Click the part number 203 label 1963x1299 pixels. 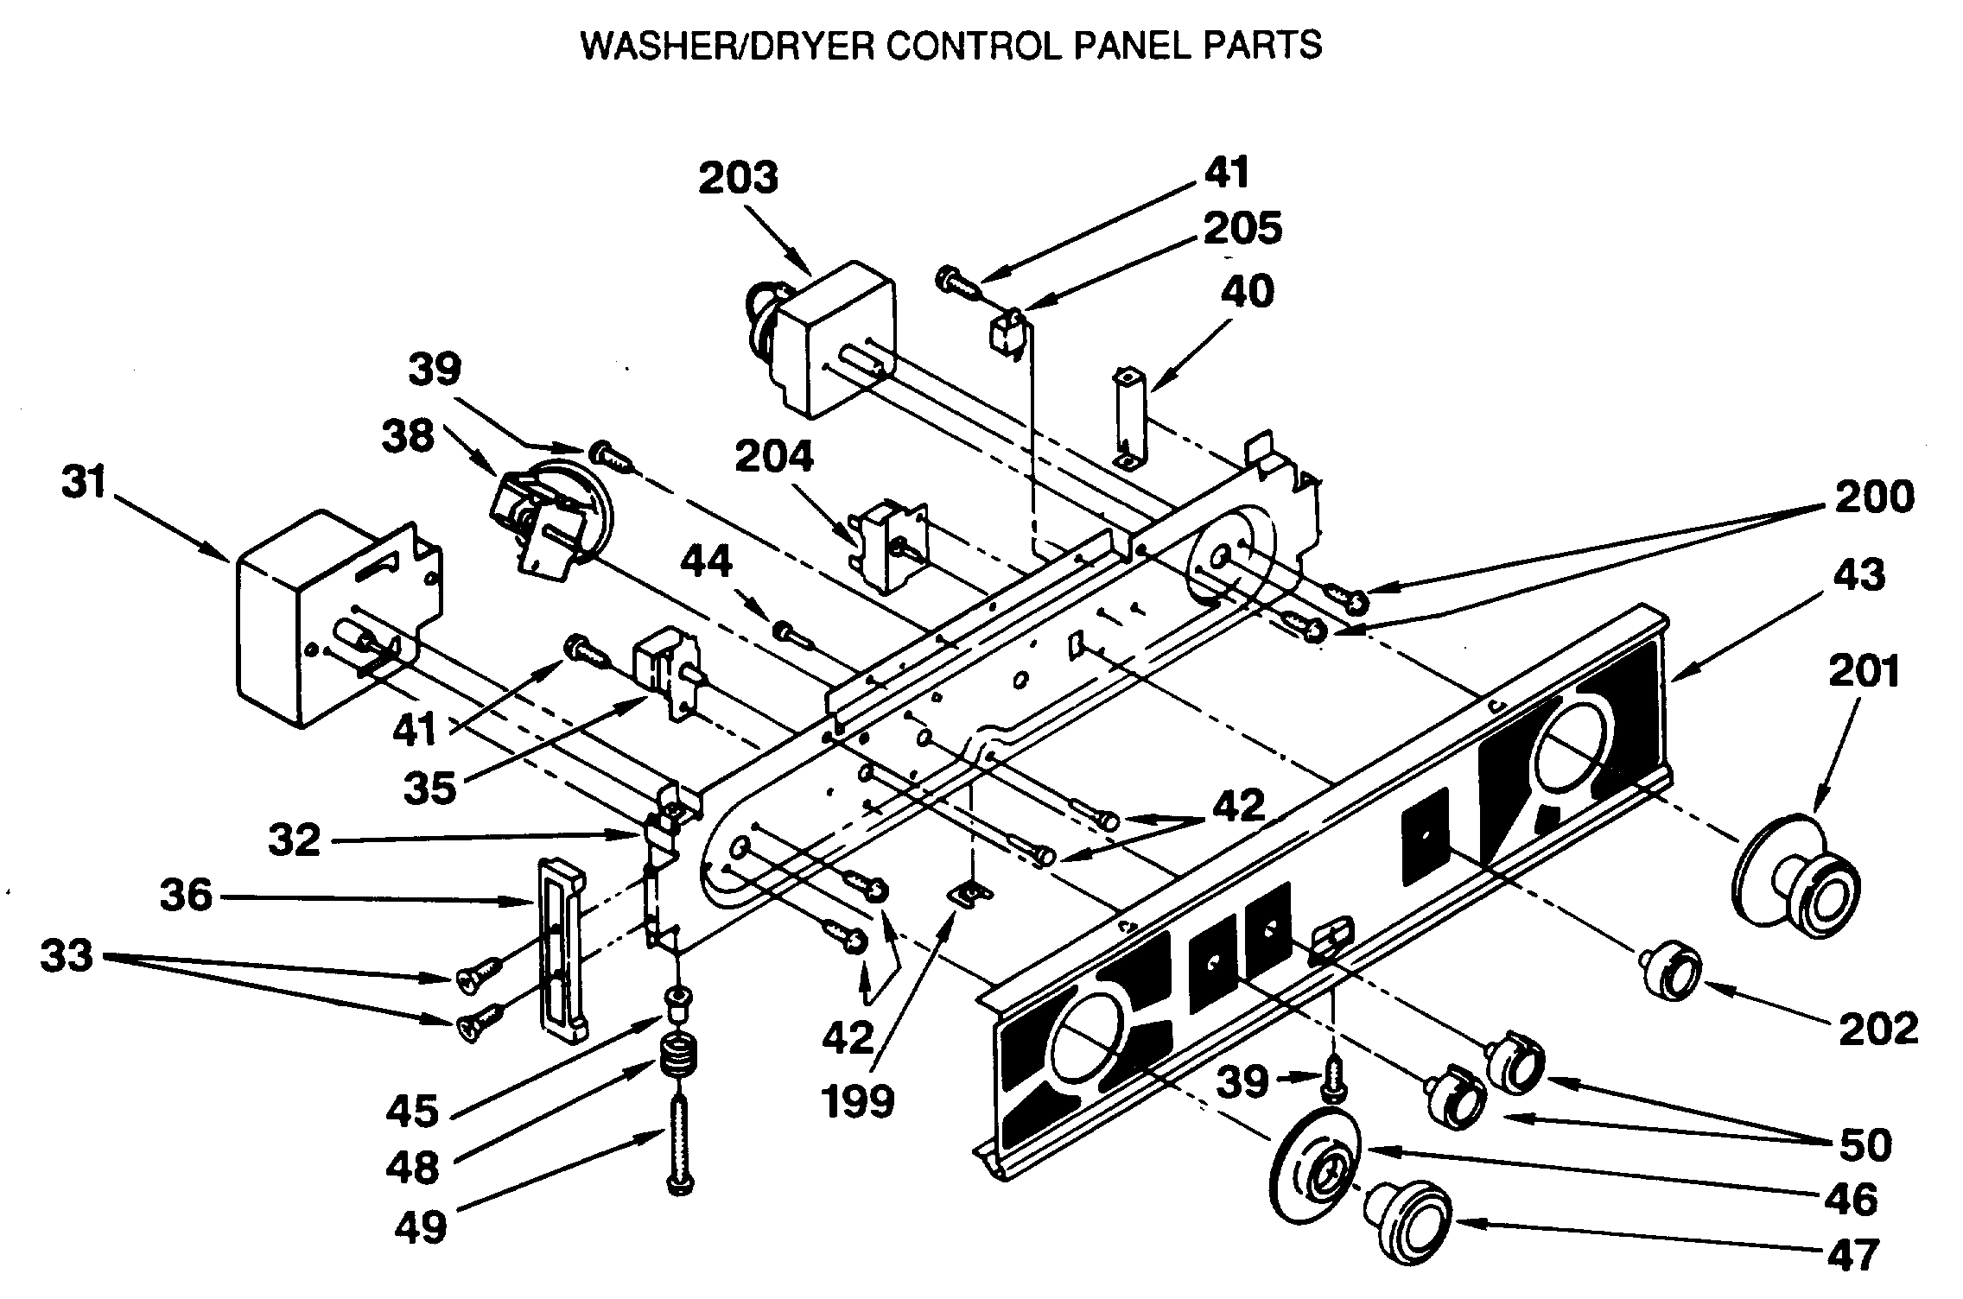[x=738, y=178]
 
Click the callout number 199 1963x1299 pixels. [x=857, y=1101]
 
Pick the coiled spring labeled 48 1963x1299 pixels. [x=677, y=1059]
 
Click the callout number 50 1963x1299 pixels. [x=1865, y=1144]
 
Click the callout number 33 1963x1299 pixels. [x=67, y=956]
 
